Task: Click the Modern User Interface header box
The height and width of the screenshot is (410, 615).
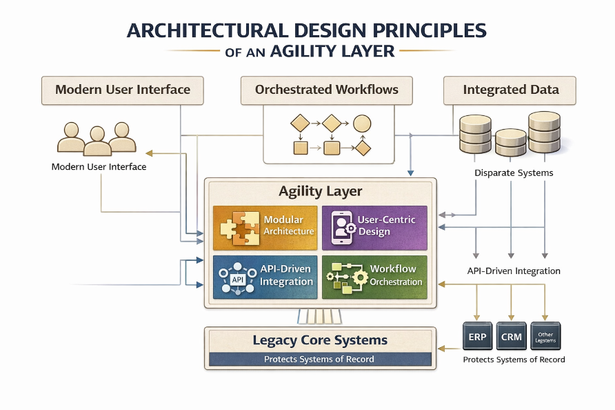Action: click(123, 90)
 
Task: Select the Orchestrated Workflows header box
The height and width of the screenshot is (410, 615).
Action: click(327, 90)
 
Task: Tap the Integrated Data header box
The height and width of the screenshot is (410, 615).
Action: click(510, 90)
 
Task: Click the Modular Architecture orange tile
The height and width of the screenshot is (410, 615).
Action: click(265, 225)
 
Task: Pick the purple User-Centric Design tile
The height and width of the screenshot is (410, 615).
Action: click(374, 225)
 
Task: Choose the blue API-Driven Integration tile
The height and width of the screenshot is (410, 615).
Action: click(265, 276)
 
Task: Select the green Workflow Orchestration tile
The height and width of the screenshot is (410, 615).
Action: click(374, 276)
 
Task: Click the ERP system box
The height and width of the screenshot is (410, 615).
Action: click(476, 338)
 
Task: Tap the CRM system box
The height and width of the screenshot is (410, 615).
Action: click(511, 338)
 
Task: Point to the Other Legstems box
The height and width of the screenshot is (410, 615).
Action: click(545, 338)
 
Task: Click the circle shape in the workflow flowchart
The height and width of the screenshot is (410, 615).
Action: click(362, 124)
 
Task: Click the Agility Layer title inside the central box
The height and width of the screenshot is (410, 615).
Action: click(320, 191)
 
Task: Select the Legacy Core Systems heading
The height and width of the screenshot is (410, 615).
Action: click(320, 340)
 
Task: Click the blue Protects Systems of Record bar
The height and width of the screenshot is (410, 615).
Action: click(320, 359)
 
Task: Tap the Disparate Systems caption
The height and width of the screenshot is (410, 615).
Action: click(514, 173)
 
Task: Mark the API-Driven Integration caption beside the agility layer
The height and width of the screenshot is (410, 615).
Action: click(514, 271)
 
